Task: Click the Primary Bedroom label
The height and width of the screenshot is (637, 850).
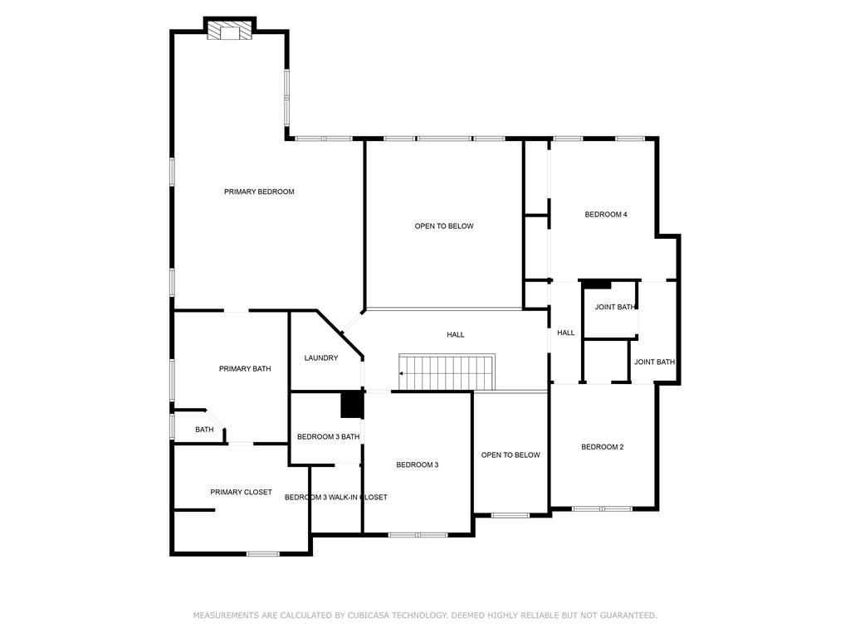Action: pyautogui.click(x=259, y=192)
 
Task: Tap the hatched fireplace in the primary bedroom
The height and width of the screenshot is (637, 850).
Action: pyautogui.click(x=230, y=31)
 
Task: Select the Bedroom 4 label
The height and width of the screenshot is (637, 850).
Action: pyautogui.click(x=606, y=214)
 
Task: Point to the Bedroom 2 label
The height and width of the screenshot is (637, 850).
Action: pyautogui.click(x=602, y=447)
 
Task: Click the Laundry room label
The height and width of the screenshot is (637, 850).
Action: pyautogui.click(x=321, y=358)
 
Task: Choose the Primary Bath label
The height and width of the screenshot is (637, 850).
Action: pyautogui.click(x=245, y=368)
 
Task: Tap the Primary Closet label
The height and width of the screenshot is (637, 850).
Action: pyautogui.click(x=241, y=492)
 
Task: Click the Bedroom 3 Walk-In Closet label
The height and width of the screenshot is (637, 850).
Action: pyautogui.click(x=335, y=498)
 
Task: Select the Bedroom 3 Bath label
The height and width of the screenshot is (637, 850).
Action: pyautogui.click(x=328, y=436)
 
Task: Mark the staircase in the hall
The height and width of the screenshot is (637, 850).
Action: pyautogui.click(x=447, y=372)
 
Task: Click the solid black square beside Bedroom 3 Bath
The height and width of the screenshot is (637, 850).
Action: pyautogui.click(x=352, y=405)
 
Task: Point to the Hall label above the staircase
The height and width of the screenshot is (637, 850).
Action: pyautogui.click(x=456, y=334)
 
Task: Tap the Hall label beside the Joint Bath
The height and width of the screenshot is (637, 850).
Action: pyautogui.click(x=565, y=333)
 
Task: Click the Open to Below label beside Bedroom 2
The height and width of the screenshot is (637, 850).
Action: pyautogui.click(x=510, y=455)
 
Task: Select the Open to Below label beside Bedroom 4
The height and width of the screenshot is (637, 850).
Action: pyautogui.click(x=444, y=226)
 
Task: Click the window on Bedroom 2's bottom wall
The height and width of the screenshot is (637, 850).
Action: pyautogui.click(x=603, y=508)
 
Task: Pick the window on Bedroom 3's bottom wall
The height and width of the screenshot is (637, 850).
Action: pyautogui.click(x=418, y=535)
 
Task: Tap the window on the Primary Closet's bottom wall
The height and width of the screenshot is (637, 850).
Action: pyautogui.click(x=263, y=553)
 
